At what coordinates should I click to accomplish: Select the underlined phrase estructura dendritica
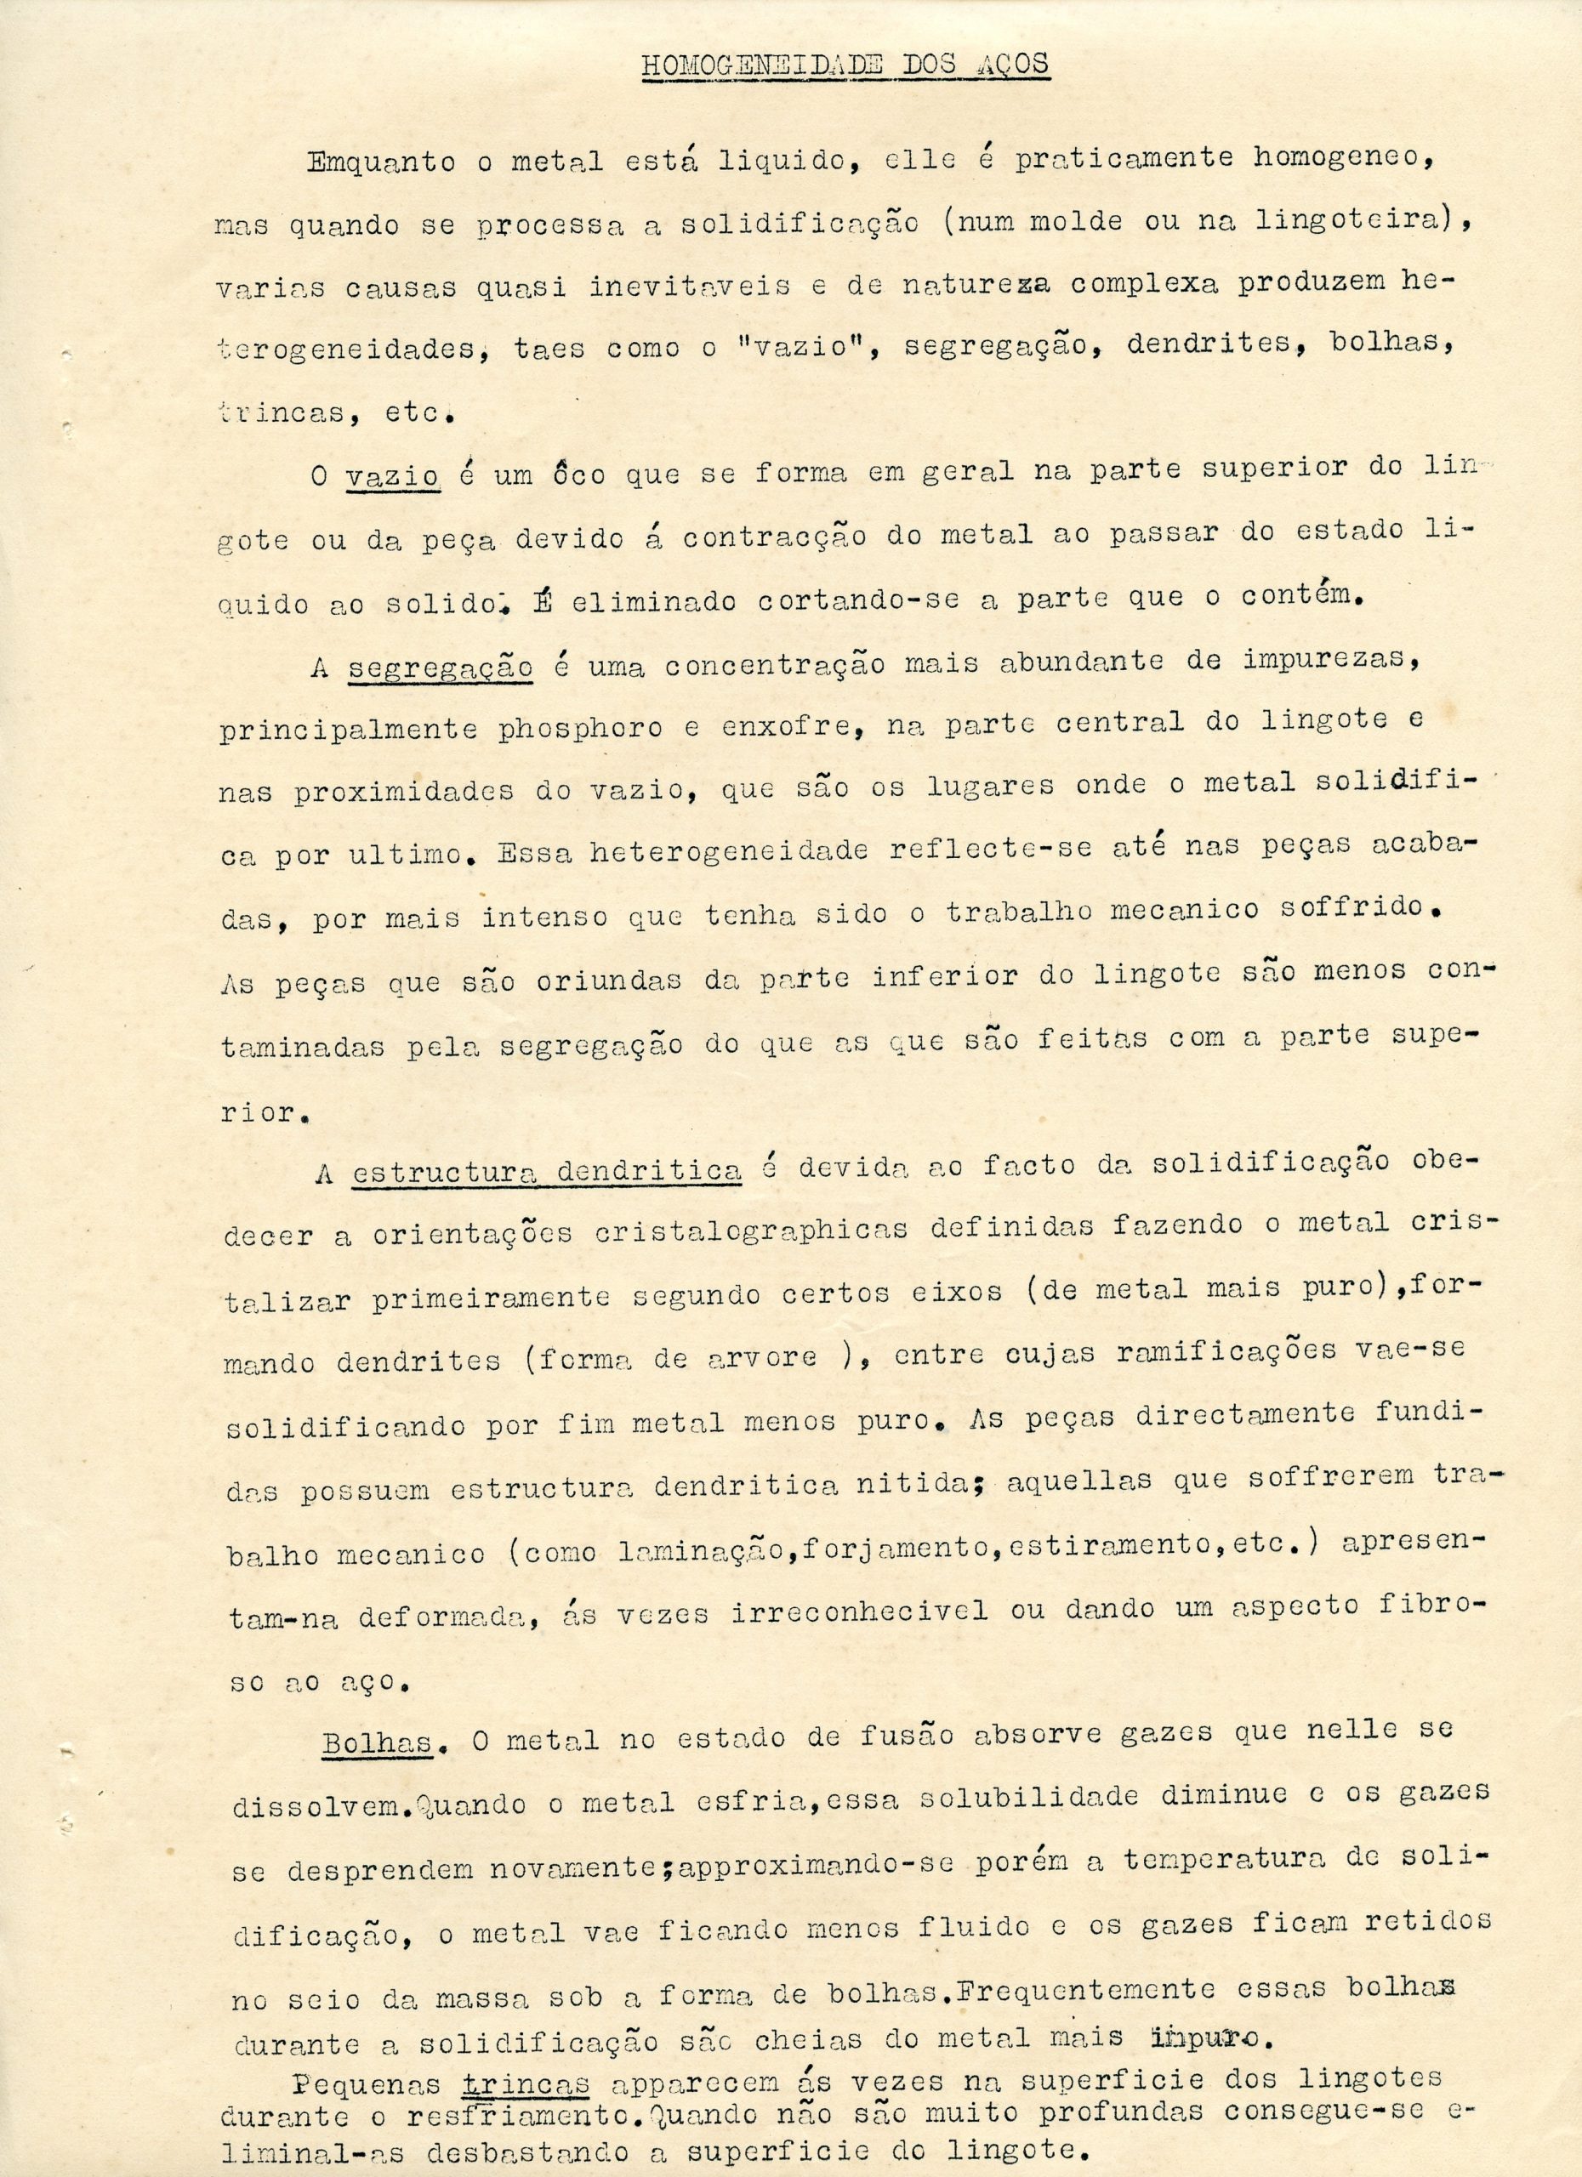546,1171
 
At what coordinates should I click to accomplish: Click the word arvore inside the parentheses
763,1358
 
